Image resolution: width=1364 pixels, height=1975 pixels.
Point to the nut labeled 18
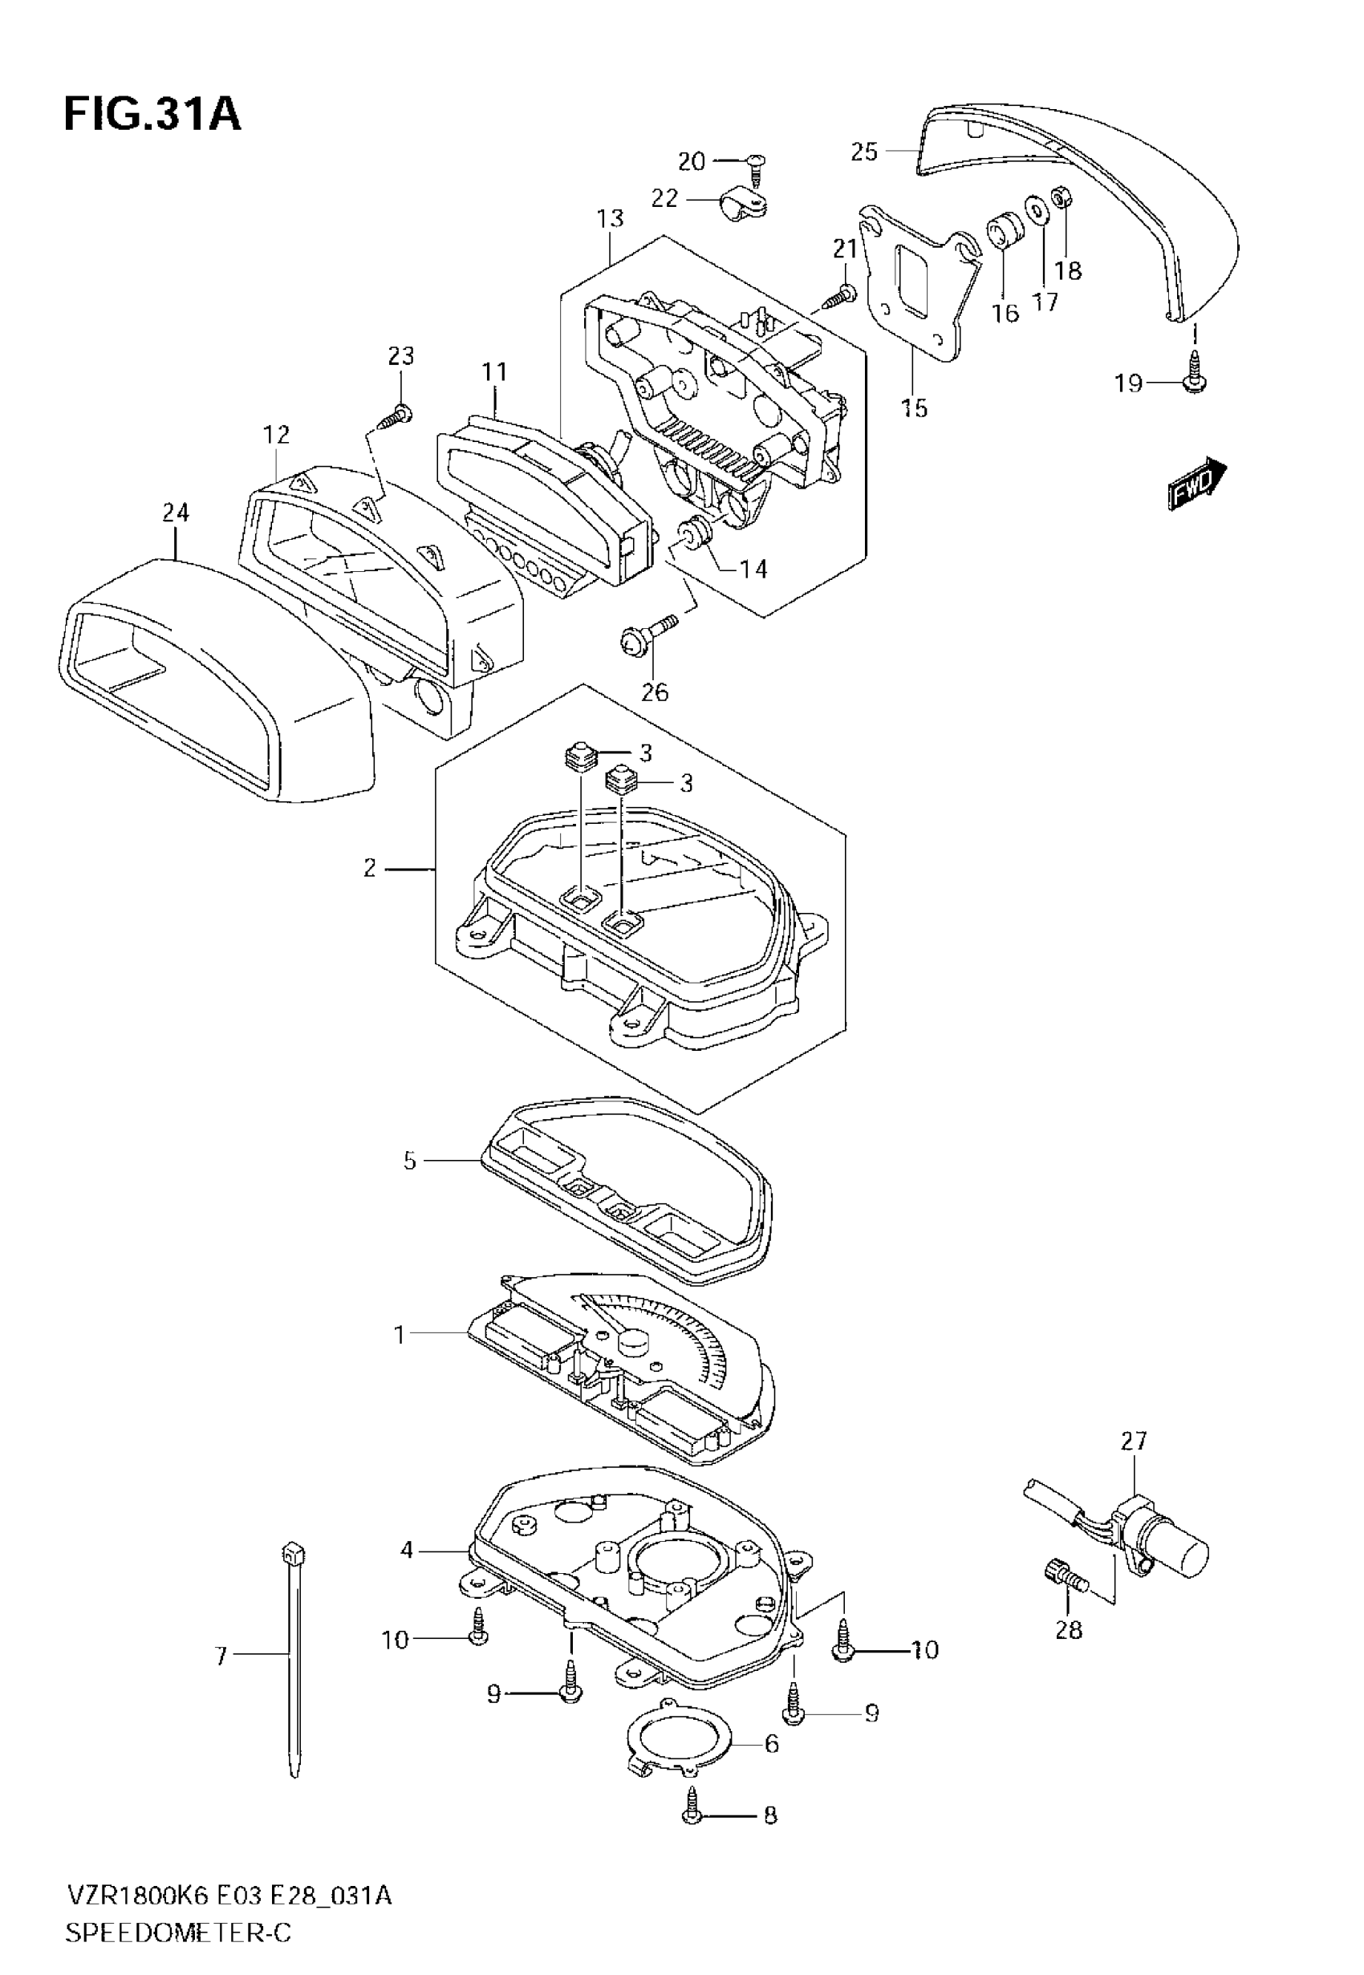pos(1063,198)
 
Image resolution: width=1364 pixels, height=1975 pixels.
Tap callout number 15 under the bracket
pos(914,408)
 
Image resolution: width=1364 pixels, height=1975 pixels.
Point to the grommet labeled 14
pos(693,535)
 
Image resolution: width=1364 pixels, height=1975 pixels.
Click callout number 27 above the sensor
pos(1133,1441)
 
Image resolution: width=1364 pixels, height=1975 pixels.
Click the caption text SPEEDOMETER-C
pos(178,1933)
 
